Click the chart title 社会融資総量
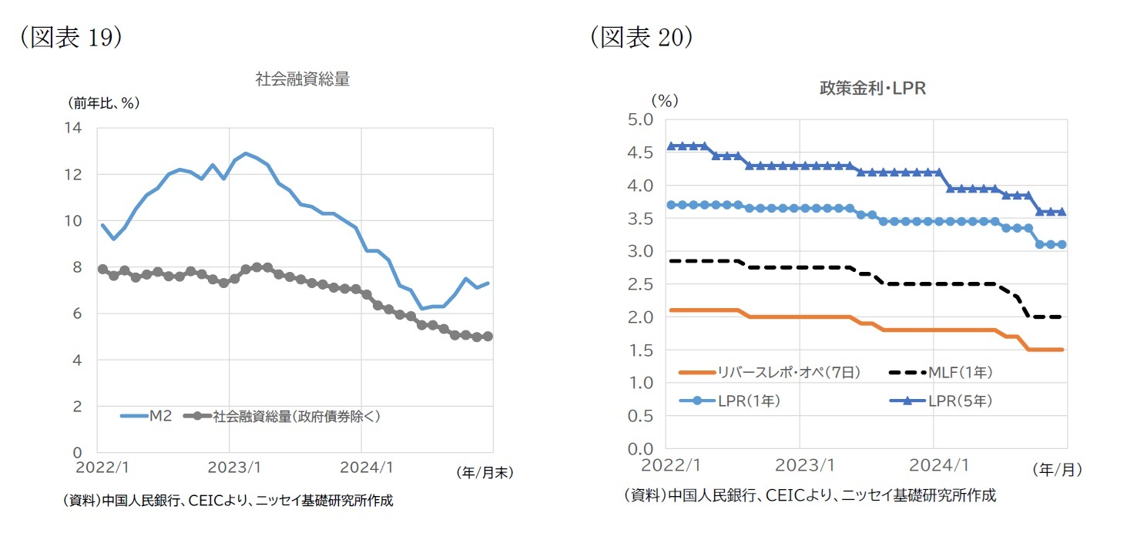click(303, 79)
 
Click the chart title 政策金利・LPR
click(872, 89)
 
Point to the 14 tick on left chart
click(75, 128)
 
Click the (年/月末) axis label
click(484, 472)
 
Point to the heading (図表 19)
click(71, 39)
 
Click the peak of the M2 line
click(246, 153)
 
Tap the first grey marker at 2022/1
click(102, 269)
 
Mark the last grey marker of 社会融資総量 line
click(488, 337)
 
